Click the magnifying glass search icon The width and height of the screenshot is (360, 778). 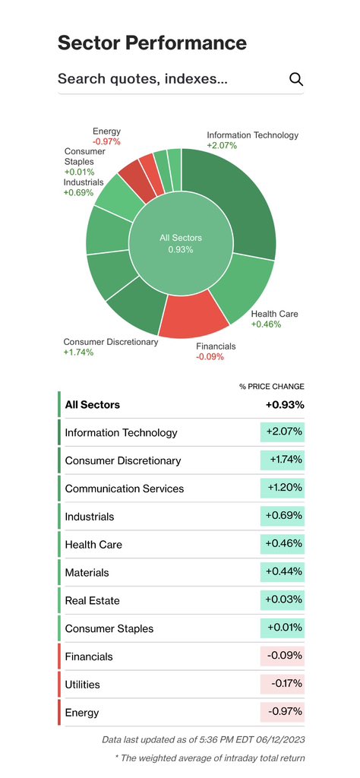[296, 79]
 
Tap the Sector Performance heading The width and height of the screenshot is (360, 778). [152, 43]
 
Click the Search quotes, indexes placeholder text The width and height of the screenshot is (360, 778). [143, 79]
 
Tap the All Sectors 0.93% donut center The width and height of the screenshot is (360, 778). [181, 244]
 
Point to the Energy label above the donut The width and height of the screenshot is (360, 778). [106, 131]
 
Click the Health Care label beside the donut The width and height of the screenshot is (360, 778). [275, 314]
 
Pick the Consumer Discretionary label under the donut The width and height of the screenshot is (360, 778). [111, 342]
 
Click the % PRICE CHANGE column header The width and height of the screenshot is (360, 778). [272, 387]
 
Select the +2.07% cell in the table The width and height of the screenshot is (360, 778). [282, 432]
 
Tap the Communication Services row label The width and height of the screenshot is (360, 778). [125, 489]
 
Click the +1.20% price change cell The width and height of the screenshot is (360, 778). [282, 488]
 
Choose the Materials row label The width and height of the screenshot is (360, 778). [87, 573]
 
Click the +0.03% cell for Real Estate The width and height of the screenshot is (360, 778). [282, 600]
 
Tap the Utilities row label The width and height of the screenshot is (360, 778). [82, 685]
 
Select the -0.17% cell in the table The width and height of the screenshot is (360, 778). [282, 684]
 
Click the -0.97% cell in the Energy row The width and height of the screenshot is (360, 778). [282, 712]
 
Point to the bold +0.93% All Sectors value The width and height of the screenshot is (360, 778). [285, 405]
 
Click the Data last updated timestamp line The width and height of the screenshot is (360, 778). [204, 740]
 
